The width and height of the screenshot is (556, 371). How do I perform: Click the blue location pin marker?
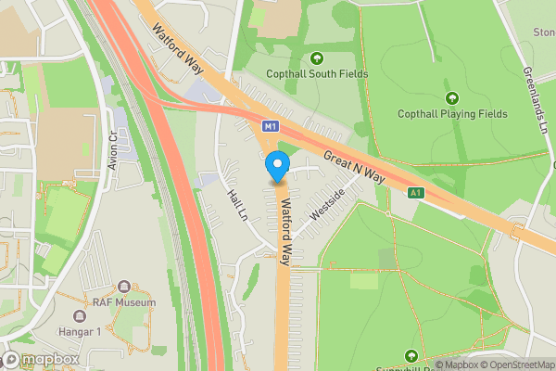tap(276, 167)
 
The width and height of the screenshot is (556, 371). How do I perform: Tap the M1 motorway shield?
tap(270, 125)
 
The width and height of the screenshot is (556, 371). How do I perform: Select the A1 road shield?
tap(416, 192)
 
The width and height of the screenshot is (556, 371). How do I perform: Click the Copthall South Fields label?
tap(317, 74)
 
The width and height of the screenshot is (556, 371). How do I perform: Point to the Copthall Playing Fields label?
tap(452, 113)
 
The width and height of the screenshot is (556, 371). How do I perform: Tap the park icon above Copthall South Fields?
tap(317, 58)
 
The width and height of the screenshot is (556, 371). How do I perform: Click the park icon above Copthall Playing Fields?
tap(452, 97)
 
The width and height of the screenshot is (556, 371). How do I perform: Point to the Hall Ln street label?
tap(238, 204)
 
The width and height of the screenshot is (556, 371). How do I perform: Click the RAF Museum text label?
tap(123, 302)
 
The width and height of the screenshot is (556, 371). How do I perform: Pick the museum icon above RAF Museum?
tap(123, 287)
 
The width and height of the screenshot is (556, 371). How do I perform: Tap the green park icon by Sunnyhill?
tap(411, 356)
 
